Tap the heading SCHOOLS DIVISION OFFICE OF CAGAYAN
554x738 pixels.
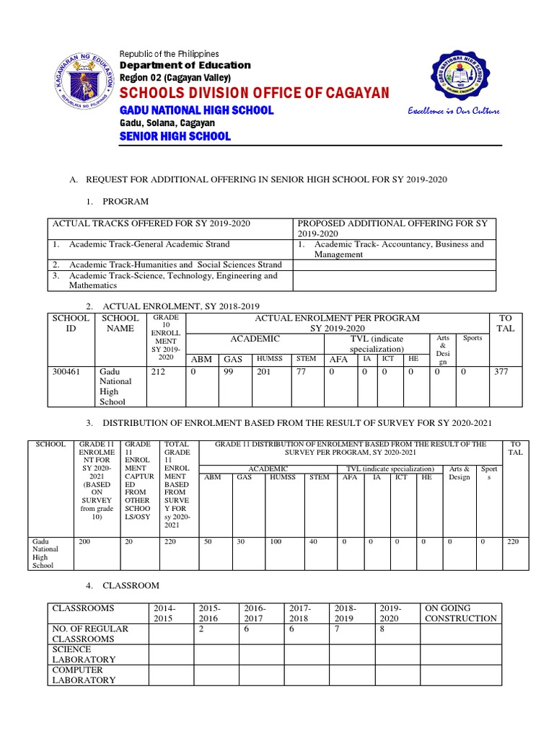[x=254, y=94]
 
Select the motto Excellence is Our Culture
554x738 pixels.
[x=453, y=111]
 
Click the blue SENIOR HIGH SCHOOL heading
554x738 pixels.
[x=175, y=136]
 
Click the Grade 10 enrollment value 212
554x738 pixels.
[x=158, y=373]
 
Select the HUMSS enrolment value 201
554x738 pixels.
[x=264, y=373]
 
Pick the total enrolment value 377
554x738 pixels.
[x=503, y=373]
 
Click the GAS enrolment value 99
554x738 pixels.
[x=230, y=373]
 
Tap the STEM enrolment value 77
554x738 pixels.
[x=302, y=373]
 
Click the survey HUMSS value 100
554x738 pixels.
[x=276, y=541]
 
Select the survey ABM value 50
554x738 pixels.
[x=208, y=541]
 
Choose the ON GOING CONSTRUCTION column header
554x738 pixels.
[x=460, y=613]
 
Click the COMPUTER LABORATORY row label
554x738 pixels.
[x=84, y=675]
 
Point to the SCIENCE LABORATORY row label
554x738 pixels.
[x=84, y=654]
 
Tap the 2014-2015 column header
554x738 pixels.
[x=164, y=613]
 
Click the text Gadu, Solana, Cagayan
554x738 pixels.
[x=167, y=123]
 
